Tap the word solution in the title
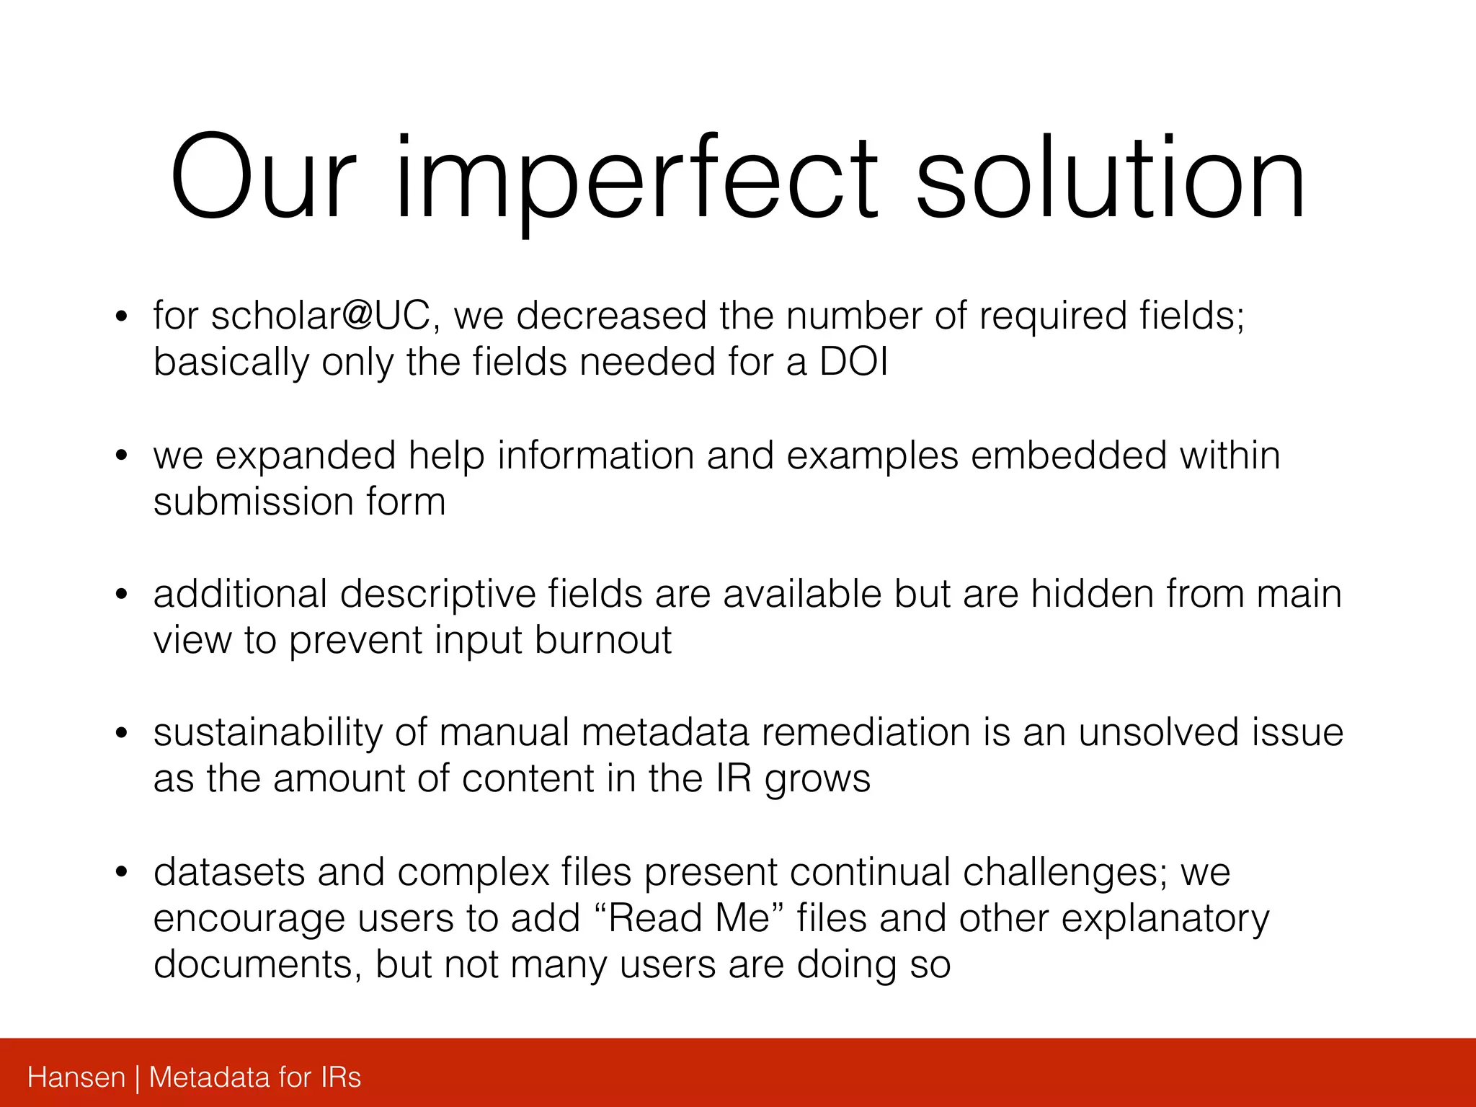1110,180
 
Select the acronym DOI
853,362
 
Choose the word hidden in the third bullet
1091,595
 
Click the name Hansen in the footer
76,1077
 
